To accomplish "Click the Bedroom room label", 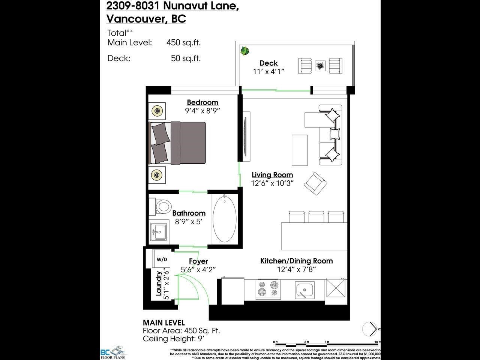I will [x=202, y=102].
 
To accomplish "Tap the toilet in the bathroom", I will [x=163, y=206].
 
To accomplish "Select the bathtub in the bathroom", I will [x=225, y=219].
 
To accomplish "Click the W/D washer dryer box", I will [x=162, y=259].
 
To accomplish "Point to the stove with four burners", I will [x=268, y=289].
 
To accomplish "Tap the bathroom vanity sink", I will [x=159, y=232].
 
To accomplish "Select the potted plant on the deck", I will [x=245, y=51].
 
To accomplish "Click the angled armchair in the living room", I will [x=315, y=184].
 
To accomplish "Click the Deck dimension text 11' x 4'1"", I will [x=268, y=71].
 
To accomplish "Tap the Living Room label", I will [x=272, y=175].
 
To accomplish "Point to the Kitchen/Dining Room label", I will [x=296, y=261].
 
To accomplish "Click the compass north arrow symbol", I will [x=370, y=329].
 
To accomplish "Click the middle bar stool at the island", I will [x=316, y=217].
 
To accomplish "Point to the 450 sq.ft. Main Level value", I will [x=183, y=42].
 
